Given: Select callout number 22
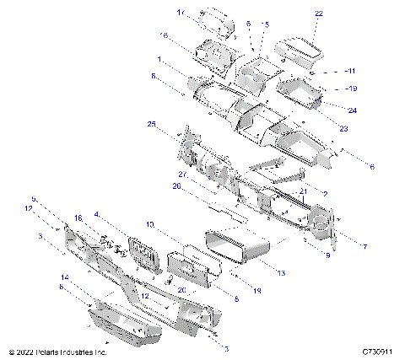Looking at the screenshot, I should click(318, 13).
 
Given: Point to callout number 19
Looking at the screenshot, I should click(353, 88).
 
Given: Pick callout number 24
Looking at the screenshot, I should click(352, 110).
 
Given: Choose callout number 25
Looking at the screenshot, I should click(152, 124).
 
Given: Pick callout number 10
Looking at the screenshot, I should click(149, 225).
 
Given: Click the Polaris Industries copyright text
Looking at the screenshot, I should click(57, 351).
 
